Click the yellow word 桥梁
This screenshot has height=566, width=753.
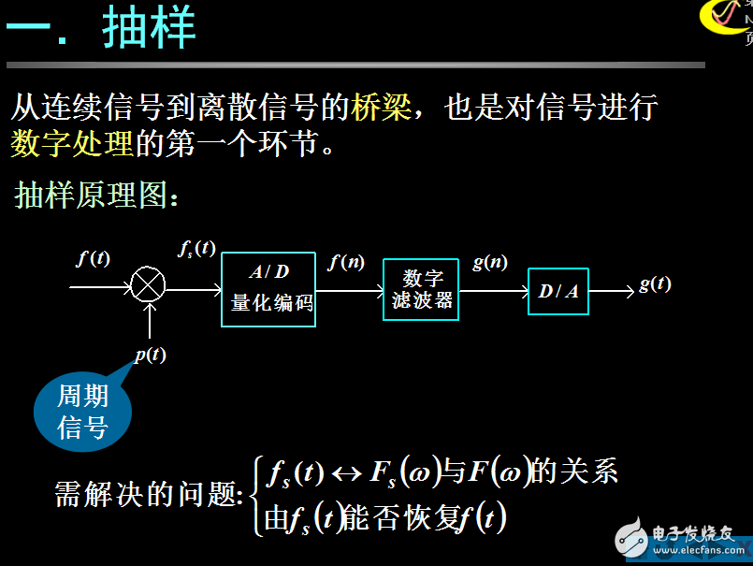pyautogui.click(x=381, y=107)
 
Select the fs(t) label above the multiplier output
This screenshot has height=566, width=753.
pyautogui.click(x=196, y=249)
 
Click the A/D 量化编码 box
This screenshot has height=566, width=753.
pyautogui.click(x=268, y=289)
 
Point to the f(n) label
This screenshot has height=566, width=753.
pyautogui.click(x=346, y=263)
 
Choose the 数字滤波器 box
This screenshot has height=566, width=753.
pyautogui.click(x=421, y=289)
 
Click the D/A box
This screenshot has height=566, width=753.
pyautogui.click(x=558, y=291)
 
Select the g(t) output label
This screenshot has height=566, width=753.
pyautogui.click(x=655, y=284)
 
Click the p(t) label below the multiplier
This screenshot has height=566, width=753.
pyautogui.click(x=150, y=355)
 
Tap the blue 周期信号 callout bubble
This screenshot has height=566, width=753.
pyautogui.click(x=83, y=412)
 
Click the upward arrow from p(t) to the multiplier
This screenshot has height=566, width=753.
pyautogui.click(x=150, y=323)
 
